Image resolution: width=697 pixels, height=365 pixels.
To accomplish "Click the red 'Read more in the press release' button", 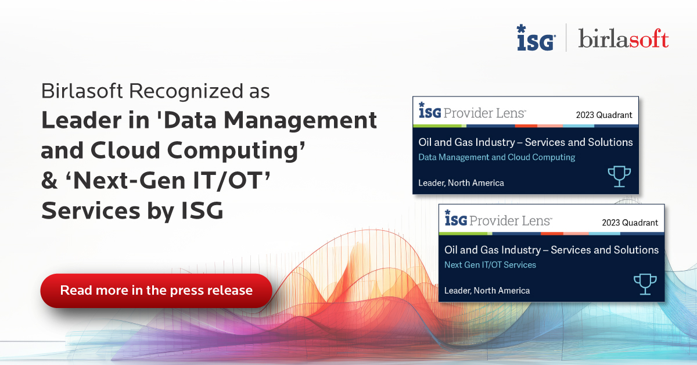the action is click(x=156, y=291).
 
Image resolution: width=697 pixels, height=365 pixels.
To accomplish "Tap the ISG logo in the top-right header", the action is click(x=536, y=38).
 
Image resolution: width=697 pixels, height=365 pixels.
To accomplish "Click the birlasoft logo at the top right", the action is click(x=623, y=38).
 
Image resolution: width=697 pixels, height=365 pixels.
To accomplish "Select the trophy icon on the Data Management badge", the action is click(x=619, y=176).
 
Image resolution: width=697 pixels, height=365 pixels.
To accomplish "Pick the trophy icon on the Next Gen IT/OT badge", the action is click(x=645, y=284).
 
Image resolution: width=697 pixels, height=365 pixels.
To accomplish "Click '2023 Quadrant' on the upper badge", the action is click(x=604, y=115).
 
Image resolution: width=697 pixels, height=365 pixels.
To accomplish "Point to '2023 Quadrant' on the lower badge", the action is click(x=630, y=223).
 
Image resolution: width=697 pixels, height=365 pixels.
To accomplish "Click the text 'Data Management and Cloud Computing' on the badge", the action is click(x=497, y=158).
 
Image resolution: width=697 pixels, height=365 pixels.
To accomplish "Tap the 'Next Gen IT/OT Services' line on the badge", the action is click(x=490, y=264).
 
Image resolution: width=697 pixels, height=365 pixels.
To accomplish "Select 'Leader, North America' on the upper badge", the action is click(x=461, y=183).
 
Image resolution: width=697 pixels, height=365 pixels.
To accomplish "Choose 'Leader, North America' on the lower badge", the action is click(x=487, y=291).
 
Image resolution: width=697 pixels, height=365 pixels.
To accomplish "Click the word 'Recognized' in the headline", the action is click(x=186, y=91).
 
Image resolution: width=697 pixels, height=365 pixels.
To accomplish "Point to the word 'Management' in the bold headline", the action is click(x=300, y=120).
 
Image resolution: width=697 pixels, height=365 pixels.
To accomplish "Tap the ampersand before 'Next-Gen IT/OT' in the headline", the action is click(x=49, y=181).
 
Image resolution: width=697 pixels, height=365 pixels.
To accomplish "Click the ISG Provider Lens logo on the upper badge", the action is click(x=472, y=112).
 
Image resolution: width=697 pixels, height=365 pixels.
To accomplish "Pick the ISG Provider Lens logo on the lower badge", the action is click(x=498, y=219).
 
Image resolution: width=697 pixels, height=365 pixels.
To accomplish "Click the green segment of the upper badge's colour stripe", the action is click(x=439, y=126).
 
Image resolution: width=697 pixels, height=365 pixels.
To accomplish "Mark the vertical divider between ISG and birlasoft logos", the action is click(x=566, y=37).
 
